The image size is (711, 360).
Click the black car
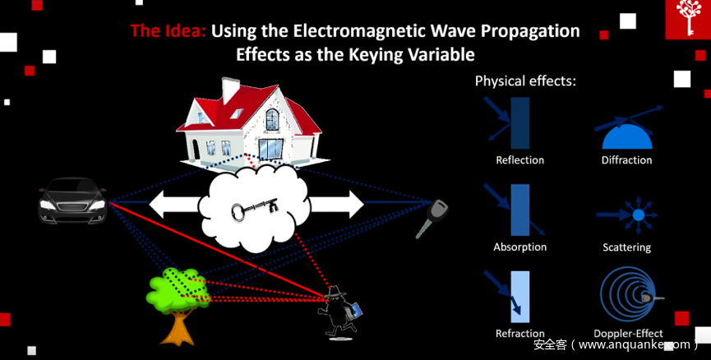72,200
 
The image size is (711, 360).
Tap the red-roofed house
252,124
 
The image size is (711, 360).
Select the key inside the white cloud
254,209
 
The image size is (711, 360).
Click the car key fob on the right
432,218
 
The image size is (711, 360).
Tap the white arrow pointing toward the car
175,204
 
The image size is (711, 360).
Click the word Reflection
519,160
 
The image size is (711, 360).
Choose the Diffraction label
626,160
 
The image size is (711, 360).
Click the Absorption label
520,247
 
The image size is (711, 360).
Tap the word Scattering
626,247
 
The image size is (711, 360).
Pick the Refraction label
520,334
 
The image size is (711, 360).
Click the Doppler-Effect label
628,334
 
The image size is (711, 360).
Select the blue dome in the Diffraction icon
627,137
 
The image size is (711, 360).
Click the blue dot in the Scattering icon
639,215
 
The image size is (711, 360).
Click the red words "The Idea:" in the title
169,31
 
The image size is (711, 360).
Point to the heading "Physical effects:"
525,81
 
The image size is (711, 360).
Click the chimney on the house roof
230,90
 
